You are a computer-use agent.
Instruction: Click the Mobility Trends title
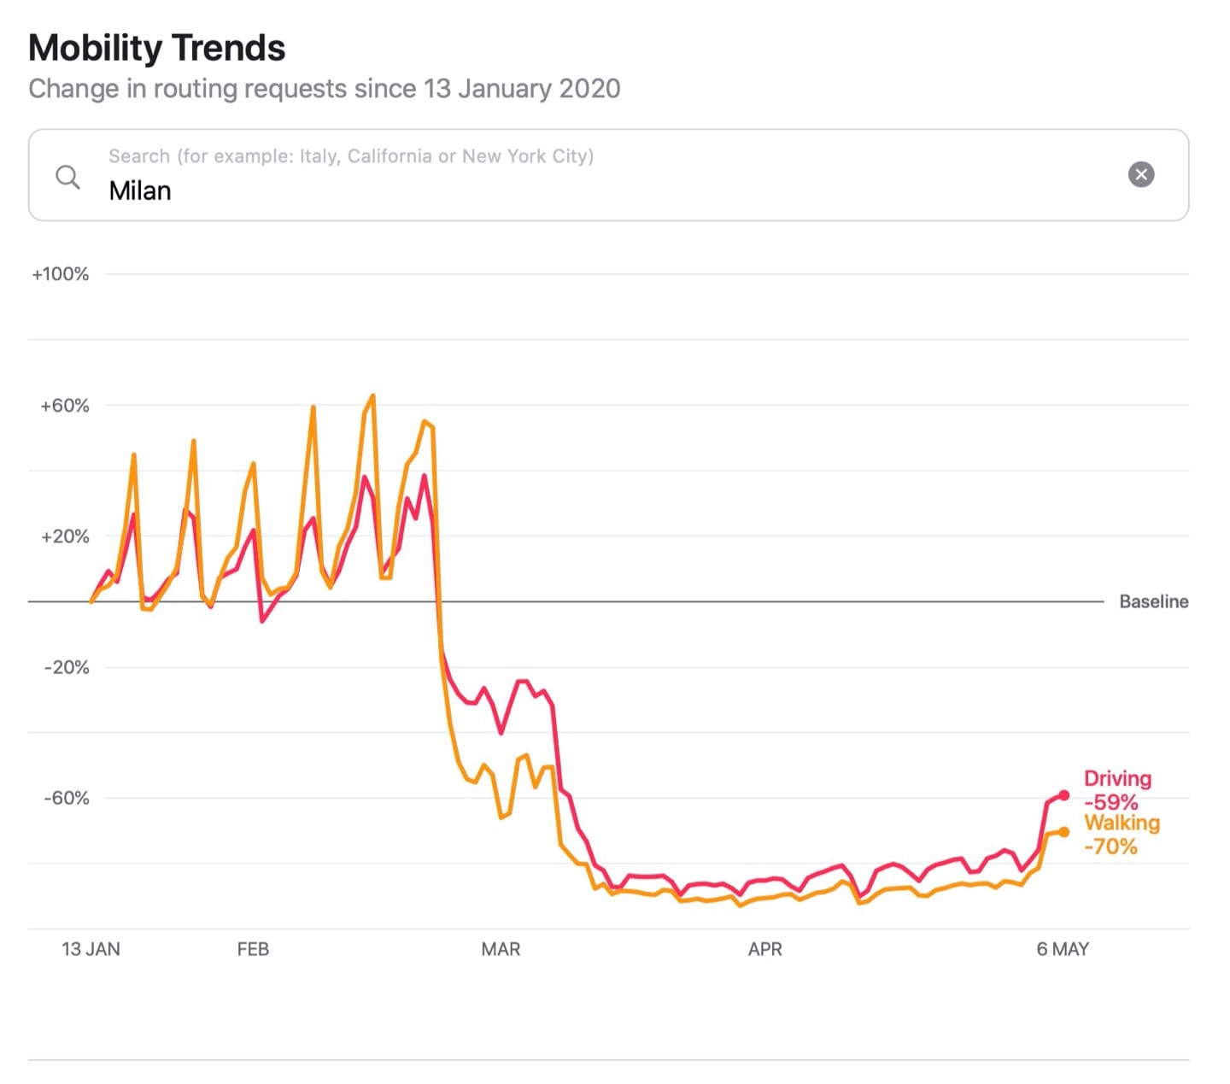point(157,48)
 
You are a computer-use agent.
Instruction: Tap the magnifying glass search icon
point(67,177)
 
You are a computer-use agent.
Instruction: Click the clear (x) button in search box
point(1141,174)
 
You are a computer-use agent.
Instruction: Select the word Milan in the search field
point(140,190)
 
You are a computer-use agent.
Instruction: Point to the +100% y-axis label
point(61,274)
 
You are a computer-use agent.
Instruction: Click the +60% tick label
point(65,406)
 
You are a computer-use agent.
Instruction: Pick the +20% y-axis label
point(65,536)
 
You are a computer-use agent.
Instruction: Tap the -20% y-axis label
point(67,667)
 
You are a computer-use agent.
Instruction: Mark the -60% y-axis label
point(67,798)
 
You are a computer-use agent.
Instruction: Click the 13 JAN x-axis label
point(91,949)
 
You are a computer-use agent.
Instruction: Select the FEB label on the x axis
point(253,949)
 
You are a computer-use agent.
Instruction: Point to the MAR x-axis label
point(501,949)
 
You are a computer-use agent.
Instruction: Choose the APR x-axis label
point(764,949)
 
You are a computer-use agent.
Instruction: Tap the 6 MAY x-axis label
point(1063,949)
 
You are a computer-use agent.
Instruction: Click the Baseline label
point(1154,601)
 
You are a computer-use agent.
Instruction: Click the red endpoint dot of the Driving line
point(1063,795)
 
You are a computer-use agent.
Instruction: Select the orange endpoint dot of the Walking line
point(1063,831)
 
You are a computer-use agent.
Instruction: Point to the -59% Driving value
point(1111,802)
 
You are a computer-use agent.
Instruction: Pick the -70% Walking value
point(1110,847)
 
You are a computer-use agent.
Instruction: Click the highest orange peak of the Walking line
point(373,396)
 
